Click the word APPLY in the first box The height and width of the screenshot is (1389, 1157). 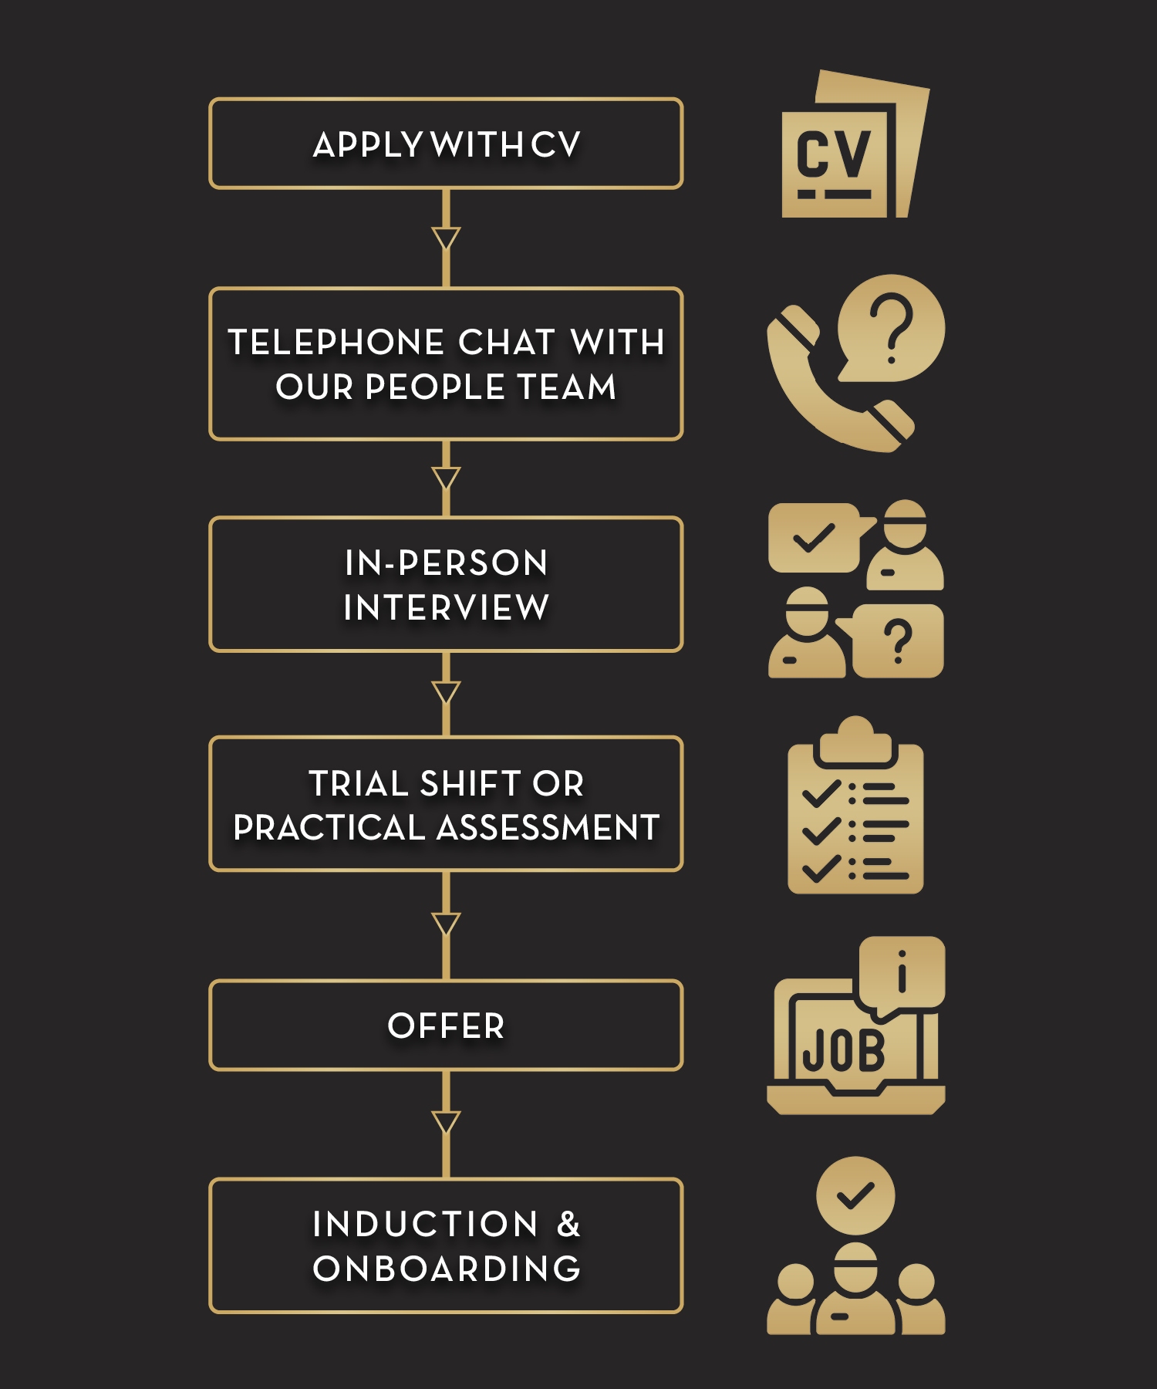(x=367, y=145)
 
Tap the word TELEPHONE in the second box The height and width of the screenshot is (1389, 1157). (x=336, y=343)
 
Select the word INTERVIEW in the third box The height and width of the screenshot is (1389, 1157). (x=446, y=607)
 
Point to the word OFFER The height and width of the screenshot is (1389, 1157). (x=446, y=1026)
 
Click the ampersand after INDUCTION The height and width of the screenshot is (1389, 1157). (x=568, y=1225)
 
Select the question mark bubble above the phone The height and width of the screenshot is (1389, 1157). (x=892, y=327)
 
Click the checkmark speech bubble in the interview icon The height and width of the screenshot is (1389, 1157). (x=815, y=537)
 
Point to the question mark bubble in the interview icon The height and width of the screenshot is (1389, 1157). (x=898, y=640)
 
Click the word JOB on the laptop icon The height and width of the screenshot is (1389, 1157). (x=843, y=1051)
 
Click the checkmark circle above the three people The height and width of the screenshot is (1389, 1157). (x=855, y=1195)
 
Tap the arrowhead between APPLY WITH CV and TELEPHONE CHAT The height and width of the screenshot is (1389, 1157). (x=446, y=237)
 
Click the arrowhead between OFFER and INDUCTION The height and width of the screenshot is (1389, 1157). (x=446, y=1121)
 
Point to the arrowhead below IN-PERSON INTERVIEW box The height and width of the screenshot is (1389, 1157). (x=446, y=691)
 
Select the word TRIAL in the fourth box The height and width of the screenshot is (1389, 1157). (x=358, y=784)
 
